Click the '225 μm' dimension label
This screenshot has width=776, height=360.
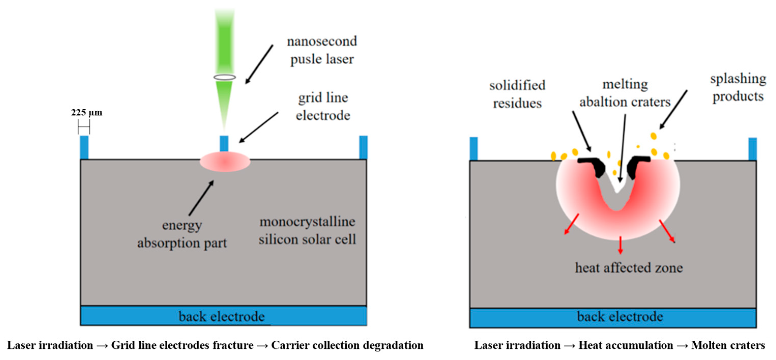tap(86, 112)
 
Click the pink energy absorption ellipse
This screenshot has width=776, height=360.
tap(225, 162)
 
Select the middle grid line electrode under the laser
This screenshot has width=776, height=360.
tap(224, 144)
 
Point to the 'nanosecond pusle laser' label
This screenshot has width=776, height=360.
tap(322, 50)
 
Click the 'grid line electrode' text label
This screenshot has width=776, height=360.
tap(323, 106)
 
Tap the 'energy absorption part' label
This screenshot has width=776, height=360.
tap(182, 234)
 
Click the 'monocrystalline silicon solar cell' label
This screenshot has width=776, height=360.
tap(307, 231)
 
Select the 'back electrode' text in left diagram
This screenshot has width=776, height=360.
tap(222, 316)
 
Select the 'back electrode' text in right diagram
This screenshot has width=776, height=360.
tap(620, 316)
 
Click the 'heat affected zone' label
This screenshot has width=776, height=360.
tap(629, 267)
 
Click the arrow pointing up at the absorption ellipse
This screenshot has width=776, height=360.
tap(201, 198)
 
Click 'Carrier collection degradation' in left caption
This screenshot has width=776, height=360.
tap(347, 345)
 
